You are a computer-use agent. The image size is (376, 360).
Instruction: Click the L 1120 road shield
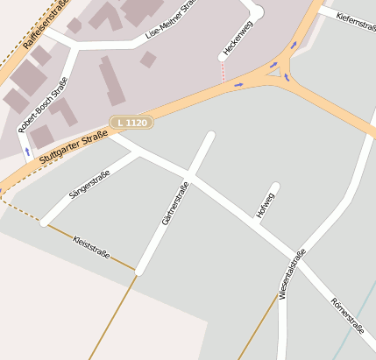(x=131, y=124)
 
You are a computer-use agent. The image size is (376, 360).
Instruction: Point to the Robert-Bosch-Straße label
(x=43, y=104)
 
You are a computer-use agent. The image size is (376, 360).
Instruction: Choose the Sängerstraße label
(x=89, y=185)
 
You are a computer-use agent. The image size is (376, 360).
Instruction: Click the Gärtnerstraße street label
(x=175, y=203)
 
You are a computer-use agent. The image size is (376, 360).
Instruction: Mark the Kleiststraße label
(x=91, y=247)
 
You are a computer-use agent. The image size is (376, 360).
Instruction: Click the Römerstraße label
(x=348, y=315)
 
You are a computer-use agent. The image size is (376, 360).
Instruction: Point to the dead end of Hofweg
(x=275, y=187)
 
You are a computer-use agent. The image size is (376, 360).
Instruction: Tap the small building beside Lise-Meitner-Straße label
(x=148, y=59)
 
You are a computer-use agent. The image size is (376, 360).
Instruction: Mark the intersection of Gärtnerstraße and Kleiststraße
(x=138, y=271)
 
